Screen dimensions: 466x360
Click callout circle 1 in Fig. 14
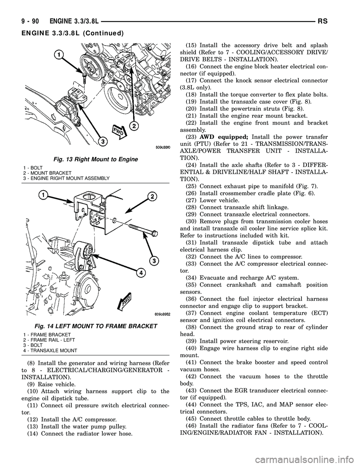(44, 195)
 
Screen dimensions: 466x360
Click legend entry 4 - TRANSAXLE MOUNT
(52, 350)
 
